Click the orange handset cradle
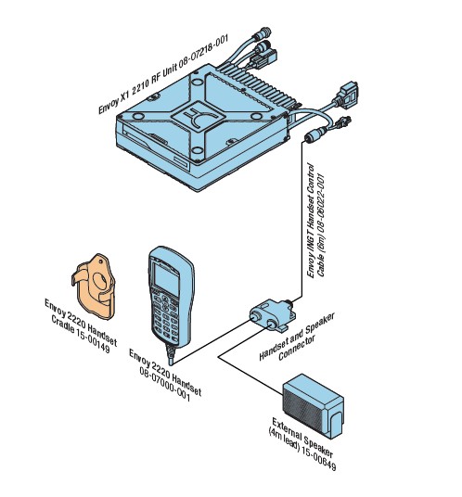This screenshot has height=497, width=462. [94, 286]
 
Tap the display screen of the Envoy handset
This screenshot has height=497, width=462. [166, 279]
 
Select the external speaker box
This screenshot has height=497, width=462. [313, 406]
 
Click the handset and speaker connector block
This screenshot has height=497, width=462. [273, 315]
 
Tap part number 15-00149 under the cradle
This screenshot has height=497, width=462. [93, 339]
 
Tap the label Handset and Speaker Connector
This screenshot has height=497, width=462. [297, 338]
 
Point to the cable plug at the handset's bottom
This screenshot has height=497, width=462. [171, 353]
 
